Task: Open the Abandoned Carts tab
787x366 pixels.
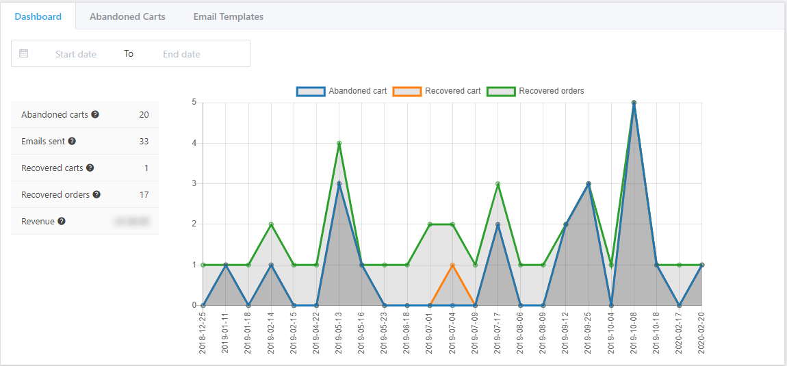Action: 127,16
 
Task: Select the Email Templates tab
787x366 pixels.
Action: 228,16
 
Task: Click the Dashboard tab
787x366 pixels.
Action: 38,16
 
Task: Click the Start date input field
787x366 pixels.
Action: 76,54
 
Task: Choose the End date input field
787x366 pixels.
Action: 181,54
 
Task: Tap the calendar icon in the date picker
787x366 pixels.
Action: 24,53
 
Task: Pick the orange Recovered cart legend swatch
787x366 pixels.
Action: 407,91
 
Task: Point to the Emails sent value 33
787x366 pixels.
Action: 144,142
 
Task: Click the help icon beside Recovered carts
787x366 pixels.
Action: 90,168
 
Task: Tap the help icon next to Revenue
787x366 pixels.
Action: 62,222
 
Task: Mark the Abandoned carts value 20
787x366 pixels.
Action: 144,115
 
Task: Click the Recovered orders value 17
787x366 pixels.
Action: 144,195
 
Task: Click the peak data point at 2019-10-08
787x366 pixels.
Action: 634,103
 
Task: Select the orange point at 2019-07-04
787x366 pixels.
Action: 452,265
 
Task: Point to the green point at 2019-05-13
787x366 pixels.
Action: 339,143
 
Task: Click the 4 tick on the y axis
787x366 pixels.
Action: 194,143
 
